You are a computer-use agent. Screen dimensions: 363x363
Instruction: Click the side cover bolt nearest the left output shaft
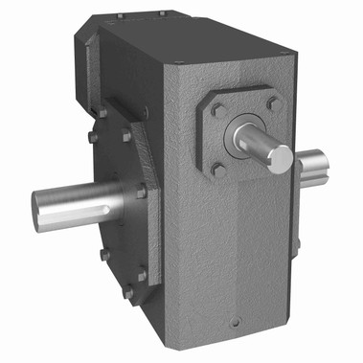[141, 193]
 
